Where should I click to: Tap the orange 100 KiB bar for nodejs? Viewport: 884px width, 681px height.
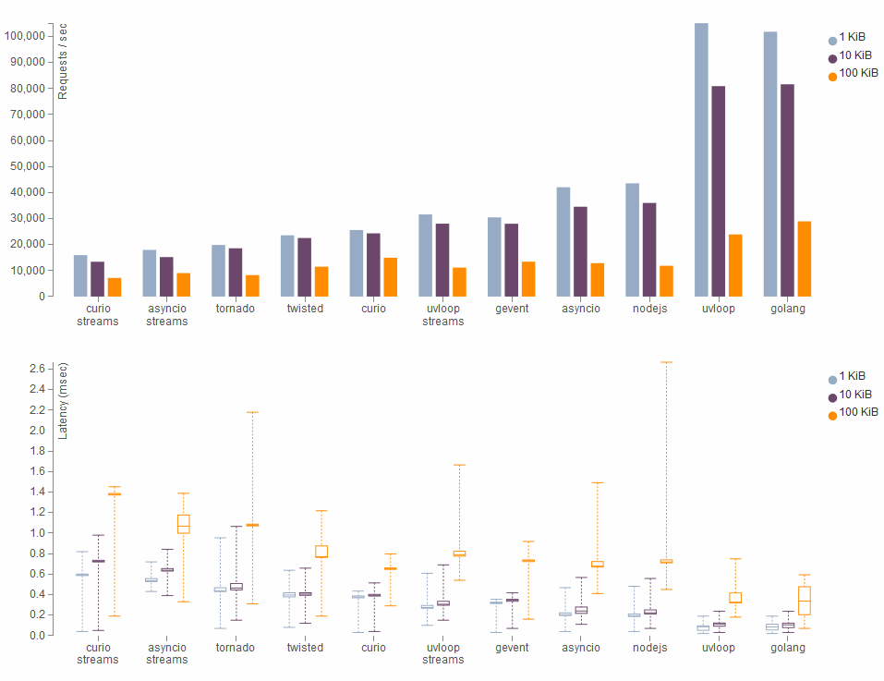click(x=667, y=281)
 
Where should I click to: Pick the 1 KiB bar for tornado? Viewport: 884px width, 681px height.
click(x=219, y=270)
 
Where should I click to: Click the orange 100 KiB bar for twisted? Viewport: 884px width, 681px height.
click(x=321, y=281)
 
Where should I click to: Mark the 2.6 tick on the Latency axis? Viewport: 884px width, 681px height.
click(x=36, y=369)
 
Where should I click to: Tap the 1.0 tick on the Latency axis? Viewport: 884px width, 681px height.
click(x=36, y=533)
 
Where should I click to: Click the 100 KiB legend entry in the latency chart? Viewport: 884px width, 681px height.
click(x=853, y=411)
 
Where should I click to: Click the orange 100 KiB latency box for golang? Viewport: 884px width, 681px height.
click(x=805, y=601)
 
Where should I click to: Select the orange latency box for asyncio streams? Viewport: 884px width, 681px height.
click(x=183, y=524)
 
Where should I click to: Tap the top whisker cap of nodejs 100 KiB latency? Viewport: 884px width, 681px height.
click(x=666, y=362)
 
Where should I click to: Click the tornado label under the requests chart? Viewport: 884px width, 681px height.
click(x=236, y=309)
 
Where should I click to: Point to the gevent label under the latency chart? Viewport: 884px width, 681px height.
click(x=512, y=648)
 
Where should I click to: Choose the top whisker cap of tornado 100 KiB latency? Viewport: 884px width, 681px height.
click(x=252, y=412)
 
